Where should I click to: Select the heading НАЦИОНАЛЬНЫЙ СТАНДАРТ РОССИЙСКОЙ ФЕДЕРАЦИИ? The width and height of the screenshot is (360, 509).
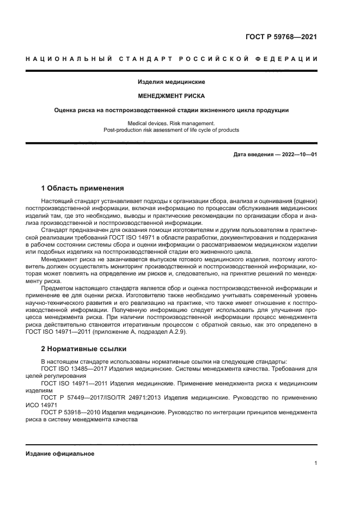point(172,59)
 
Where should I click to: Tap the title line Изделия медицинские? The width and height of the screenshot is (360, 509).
point(172,82)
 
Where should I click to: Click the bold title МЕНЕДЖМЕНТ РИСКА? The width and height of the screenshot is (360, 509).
point(172,96)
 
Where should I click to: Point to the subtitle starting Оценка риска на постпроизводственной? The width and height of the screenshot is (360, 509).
point(172,110)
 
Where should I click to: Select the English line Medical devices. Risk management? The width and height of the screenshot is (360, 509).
point(172,124)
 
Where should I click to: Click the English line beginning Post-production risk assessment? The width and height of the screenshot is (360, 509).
point(172,130)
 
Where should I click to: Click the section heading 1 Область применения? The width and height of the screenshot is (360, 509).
point(82,189)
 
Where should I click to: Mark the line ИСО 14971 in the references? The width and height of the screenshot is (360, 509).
point(41,406)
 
